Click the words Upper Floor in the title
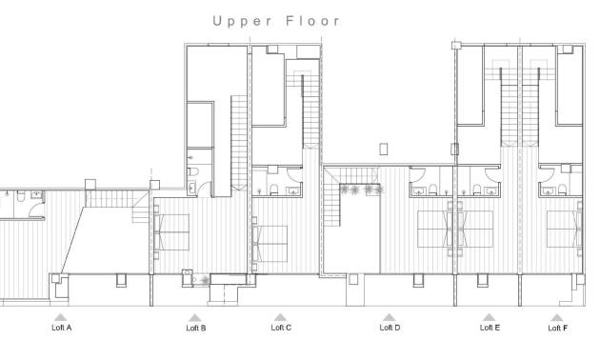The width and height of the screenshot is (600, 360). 276,20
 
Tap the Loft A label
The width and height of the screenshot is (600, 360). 61,328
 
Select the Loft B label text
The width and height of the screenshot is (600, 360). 195,328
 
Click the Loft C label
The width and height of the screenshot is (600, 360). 281,328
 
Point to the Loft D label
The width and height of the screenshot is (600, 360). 390,328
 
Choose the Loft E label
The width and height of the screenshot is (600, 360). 490,328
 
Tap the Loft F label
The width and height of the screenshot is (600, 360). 558,328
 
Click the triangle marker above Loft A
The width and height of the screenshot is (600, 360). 60,317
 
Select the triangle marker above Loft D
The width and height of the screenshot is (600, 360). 389,317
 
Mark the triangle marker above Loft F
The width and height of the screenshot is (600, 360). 558,317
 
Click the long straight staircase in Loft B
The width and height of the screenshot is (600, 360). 238,143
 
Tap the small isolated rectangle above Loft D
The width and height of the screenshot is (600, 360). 383,149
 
